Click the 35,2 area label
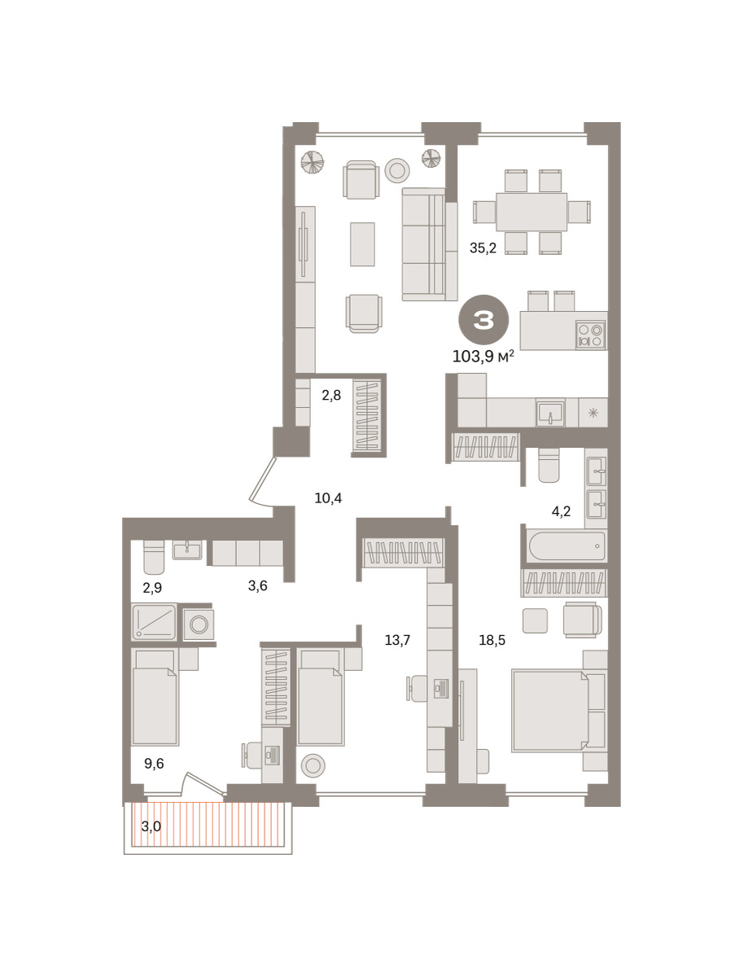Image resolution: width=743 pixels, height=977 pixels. [x=483, y=248]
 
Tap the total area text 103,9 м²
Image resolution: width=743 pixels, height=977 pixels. [x=483, y=357]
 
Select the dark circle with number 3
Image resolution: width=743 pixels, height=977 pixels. [x=483, y=320]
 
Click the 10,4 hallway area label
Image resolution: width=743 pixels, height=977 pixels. [x=328, y=498]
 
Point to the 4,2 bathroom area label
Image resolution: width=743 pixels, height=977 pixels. [x=561, y=511]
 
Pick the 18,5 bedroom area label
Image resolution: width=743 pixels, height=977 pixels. [x=492, y=641]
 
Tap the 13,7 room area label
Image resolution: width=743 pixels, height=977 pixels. [x=397, y=641]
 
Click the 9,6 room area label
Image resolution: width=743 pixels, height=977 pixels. [x=154, y=764]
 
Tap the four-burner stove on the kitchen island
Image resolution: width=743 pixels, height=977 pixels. [x=590, y=335]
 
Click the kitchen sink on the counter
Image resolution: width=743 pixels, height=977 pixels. [x=550, y=413]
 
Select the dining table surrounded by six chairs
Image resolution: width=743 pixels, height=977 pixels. [x=531, y=212]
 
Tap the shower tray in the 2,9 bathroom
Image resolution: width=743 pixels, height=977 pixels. [x=154, y=622]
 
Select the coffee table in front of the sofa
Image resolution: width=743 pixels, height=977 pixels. [x=362, y=244]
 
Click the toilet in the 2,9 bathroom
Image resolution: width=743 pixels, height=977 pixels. [x=154, y=557]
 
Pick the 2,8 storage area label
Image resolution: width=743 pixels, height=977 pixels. [x=331, y=395]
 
